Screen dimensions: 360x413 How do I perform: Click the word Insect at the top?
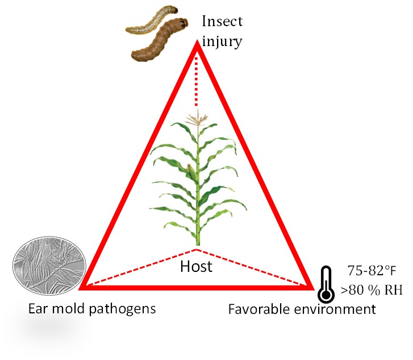pos(222,22)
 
